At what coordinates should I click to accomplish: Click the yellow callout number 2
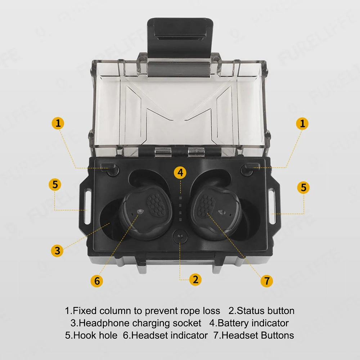click(195, 279)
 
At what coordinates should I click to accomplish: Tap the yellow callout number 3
click(57, 251)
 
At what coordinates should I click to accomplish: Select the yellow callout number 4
click(180, 172)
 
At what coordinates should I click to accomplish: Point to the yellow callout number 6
click(97, 281)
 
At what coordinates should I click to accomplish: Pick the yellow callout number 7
click(267, 281)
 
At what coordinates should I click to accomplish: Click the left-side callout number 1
click(58, 123)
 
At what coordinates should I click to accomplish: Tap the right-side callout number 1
click(302, 124)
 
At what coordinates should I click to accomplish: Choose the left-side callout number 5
click(55, 185)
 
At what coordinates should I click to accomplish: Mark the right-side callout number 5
click(303, 187)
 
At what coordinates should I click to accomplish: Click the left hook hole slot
click(88, 206)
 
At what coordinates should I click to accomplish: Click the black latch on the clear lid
click(180, 37)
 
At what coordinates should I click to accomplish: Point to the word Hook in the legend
click(82, 336)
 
